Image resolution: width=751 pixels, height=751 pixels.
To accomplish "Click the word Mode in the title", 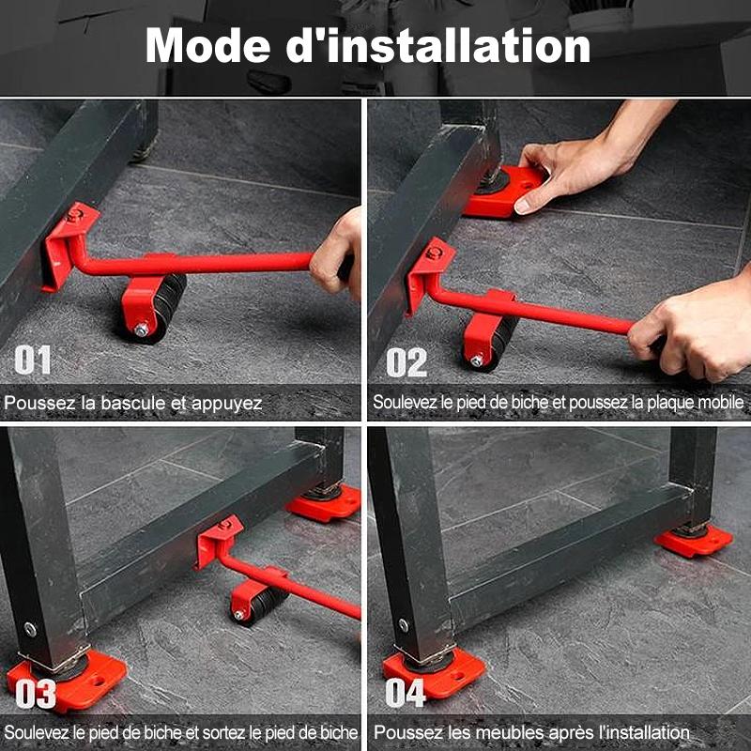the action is [x=208, y=45].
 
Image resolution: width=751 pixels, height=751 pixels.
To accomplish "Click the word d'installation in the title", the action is [x=438, y=45].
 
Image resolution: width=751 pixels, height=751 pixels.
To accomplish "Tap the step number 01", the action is [x=33, y=360].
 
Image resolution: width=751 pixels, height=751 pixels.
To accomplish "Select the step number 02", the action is [x=406, y=362].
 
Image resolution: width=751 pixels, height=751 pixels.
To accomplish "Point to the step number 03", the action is [x=36, y=694].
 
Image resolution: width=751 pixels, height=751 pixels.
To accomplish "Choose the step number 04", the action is [x=406, y=693].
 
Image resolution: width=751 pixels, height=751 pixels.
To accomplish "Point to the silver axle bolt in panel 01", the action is [x=142, y=330].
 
